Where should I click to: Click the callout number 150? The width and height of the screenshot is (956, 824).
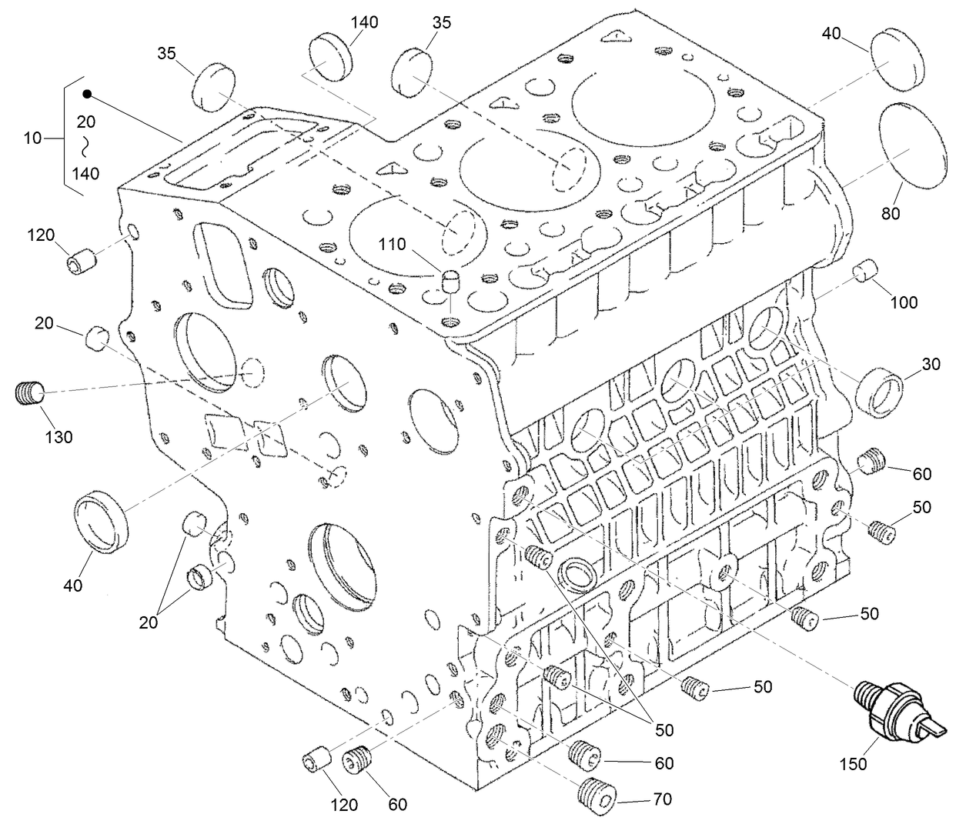click(x=852, y=764)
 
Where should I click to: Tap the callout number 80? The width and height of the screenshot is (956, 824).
click(x=891, y=214)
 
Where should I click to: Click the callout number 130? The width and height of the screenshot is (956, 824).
click(x=58, y=437)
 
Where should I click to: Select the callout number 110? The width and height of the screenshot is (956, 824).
click(x=393, y=245)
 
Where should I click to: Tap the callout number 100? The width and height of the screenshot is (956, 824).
click(x=904, y=302)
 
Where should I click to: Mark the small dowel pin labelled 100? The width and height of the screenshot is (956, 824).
click(x=868, y=272)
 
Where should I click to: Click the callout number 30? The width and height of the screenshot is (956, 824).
click(x=931, y=364)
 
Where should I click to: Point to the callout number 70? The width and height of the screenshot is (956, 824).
click(x=661, y=799)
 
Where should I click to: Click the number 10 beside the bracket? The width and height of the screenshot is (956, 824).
click(x=32, y=138)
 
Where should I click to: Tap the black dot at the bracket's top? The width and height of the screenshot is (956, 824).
click(x=87, y=94)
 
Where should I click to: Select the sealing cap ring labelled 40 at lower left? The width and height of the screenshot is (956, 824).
click(x=105, y=519)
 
